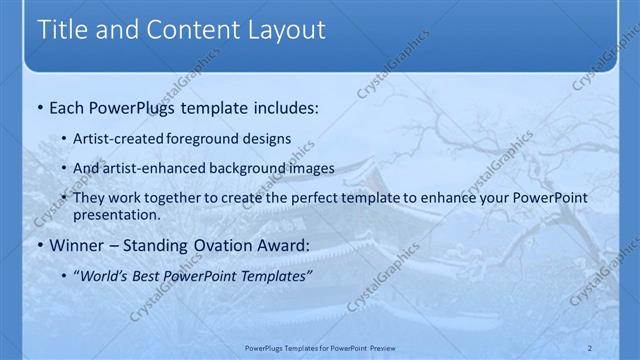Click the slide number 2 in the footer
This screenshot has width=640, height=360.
tap(590, 347)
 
